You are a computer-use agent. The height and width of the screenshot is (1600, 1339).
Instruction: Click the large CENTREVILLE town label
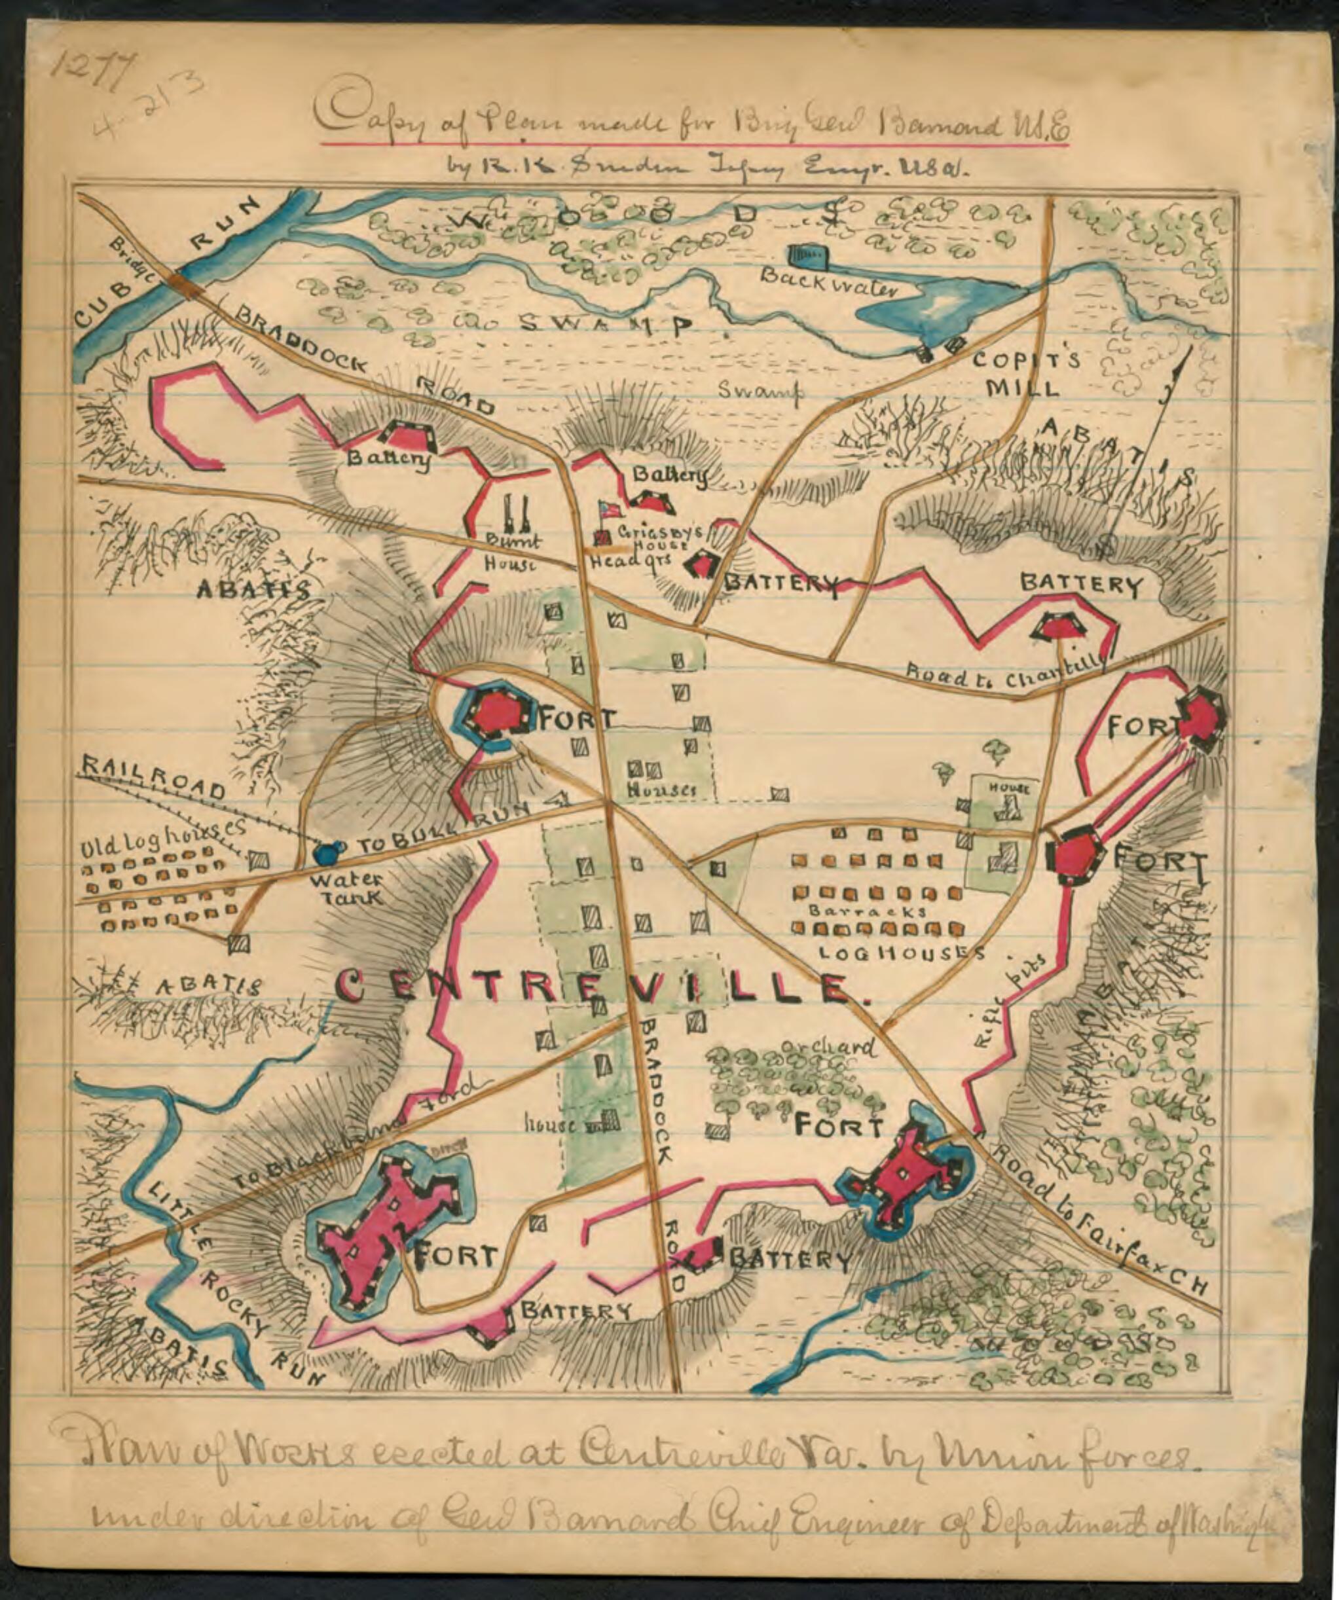click(595, 988)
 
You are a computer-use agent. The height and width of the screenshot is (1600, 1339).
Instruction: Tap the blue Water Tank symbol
click(326, 852)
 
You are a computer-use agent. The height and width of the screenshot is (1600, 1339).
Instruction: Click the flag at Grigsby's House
click(609, 509)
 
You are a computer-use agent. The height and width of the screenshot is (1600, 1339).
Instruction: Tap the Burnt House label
click(512, 553)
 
